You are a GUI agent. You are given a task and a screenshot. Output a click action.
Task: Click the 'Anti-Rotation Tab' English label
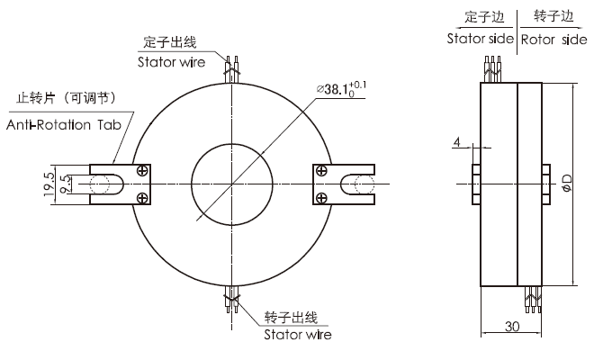pos(63,124)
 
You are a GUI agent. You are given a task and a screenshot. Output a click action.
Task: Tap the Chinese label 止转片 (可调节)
pos(63,97)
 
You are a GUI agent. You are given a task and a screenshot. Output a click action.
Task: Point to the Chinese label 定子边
pos(481,16)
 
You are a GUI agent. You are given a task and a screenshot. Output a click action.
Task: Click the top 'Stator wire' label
pos(171,62)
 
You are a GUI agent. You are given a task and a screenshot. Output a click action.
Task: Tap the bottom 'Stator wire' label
pos(297,335)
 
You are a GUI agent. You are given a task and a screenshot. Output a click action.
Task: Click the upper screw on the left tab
pos(143,170)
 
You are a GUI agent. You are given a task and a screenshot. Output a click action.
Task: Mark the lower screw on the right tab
pos(321,197)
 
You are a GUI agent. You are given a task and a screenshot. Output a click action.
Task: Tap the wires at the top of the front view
pos(233,65)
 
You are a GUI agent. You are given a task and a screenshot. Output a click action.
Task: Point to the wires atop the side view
pos(492,64)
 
